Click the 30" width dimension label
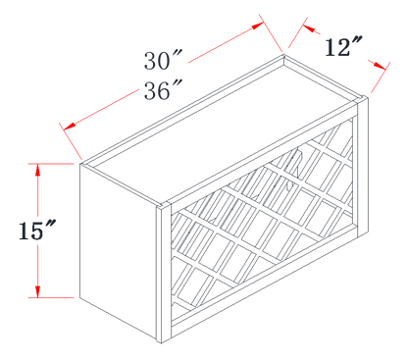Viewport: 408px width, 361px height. [x=163, y=61]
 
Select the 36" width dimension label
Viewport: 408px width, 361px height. [x=163, y=90]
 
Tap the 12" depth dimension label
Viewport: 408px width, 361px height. [x=343, y=47]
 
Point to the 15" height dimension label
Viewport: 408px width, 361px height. [x=36, y=231]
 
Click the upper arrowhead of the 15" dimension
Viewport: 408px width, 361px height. [x=38, y=170]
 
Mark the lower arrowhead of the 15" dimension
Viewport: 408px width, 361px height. [x=38, y=291]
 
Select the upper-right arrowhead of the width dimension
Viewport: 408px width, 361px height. [x=258, y=26]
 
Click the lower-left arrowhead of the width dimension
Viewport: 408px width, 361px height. [x=70, y=126]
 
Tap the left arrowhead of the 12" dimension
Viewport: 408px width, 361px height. [x=309, y=28]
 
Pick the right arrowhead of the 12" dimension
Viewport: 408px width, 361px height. [x=380, y=66]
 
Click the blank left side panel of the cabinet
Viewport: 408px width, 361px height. [x=118, y=252]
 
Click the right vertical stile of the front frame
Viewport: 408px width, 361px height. [x=362, y=166]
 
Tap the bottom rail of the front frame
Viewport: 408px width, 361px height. [x=264, y=282]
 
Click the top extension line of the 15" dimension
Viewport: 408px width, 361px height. [x=51, y=164]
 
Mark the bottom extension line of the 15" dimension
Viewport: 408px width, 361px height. [x=51, y=298]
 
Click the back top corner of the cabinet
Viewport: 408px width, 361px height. [x=284, y=56]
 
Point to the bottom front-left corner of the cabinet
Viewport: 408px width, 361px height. [x=161, y=343]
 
